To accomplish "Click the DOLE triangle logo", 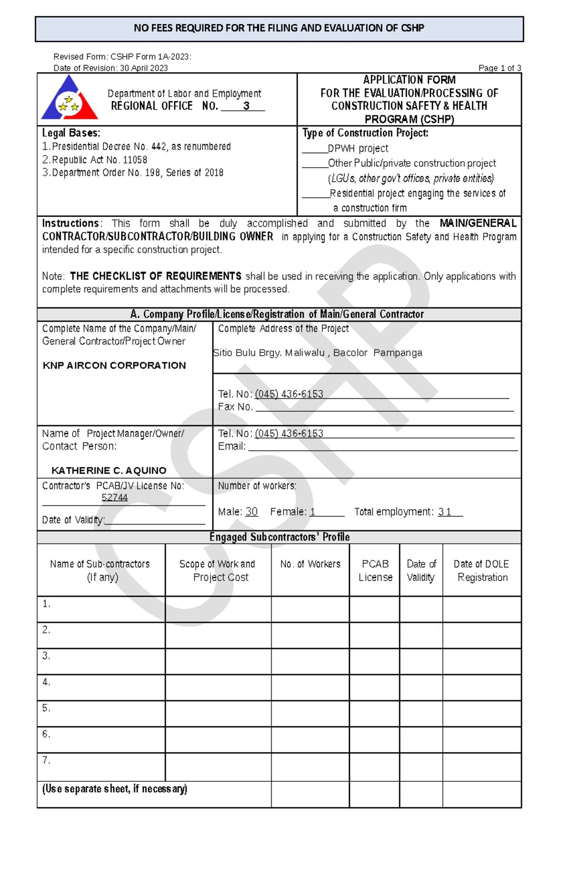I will tap(69, 99).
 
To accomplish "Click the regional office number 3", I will tap(246, 106).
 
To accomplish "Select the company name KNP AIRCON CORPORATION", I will tap(114, 366).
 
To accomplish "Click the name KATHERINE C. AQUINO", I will tap(109, 470).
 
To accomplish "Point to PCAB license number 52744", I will tap(115, 497).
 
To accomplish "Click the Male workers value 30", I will tap(251, 512).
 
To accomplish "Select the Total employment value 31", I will tap(445, 512).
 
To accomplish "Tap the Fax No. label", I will tap(235, 407).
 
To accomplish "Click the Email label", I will tap(231, 446).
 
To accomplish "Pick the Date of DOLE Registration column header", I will tap(482, 570).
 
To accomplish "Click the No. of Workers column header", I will tap(310, 564).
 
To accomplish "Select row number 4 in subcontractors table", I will tap(46, 682).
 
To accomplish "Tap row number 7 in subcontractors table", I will tap(46, 760).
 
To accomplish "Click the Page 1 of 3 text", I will tap(499, 68).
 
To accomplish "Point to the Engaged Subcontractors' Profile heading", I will tap(279, 537).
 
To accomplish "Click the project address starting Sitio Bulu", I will tap(318, 353).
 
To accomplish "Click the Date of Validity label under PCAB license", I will tap(73, 520).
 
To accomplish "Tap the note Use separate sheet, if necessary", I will tap(115, 789).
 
